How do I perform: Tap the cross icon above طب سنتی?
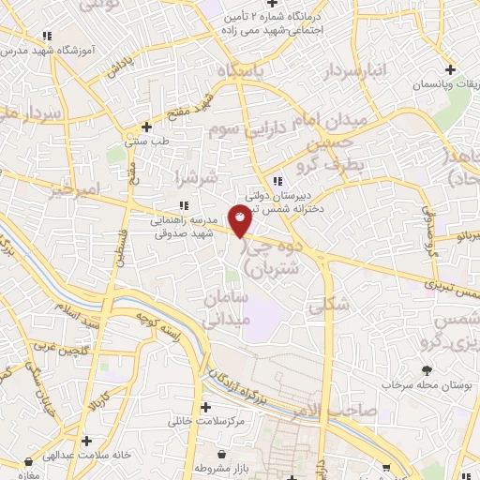click(146, 127)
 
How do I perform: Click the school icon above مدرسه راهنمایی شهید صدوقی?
click(184, 205)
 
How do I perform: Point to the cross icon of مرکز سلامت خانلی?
click(206, 407)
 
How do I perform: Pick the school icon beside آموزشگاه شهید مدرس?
click(46, 37)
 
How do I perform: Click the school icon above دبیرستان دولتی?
click(275, 182)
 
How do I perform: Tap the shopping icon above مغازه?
click(28, 461)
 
